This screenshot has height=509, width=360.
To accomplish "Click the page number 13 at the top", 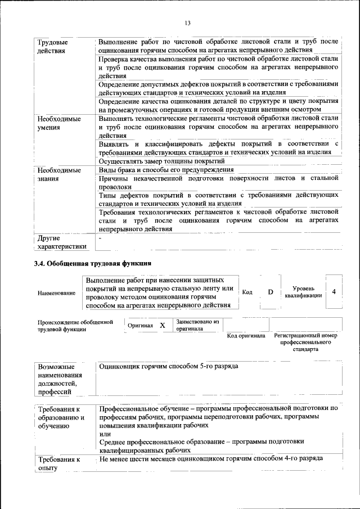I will pyautogui.click(x=187, y=22).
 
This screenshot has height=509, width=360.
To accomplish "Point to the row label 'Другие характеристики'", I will pyautogui.click(x=62, y=242).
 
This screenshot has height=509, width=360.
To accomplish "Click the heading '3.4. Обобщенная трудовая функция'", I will pyautogui.click(x=92, y=263).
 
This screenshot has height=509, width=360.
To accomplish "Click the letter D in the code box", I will pyautogui.click(x=270, y=292).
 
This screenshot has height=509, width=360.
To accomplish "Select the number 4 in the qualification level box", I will pyautogui.click(x=334, y=291).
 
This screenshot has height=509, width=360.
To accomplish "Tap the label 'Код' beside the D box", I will pyautogui.click(x=247, y=292).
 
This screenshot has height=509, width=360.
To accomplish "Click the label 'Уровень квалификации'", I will pyautogui.click(x=303, y=292).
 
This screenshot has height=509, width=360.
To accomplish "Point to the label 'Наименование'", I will pyautogui.click(x=57, y=294).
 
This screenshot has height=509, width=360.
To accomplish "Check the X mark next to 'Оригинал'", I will pyautogui.click(x=163, y=326).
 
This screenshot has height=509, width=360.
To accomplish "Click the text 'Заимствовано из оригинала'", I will pyautogui.click(x=197, y=325).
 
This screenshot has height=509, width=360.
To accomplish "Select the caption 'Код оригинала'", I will pyautogui.click(x=246, y=336).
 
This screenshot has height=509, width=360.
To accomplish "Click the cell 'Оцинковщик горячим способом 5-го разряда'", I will pyautogui.click(x=168, y=366).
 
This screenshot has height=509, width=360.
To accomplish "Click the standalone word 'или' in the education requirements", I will pyautogui.click(x=105, y=434).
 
